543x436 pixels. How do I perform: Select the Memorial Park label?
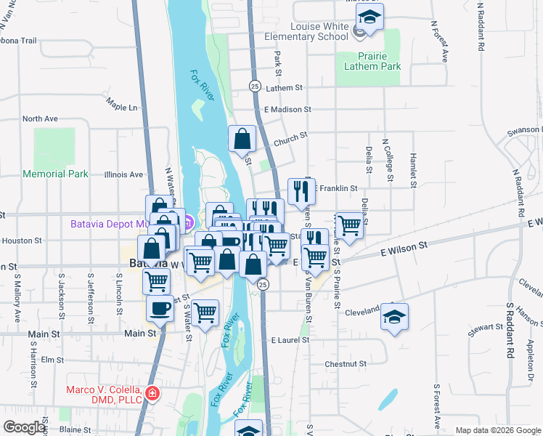pyautogui.click(x=55, y=174)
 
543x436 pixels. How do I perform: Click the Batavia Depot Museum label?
pyautogui.click(x=123, y=224)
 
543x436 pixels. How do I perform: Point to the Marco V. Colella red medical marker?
pyautogui.click(x=153, y=394)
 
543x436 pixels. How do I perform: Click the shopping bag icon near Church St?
pyautogui.click(x=242, y=138)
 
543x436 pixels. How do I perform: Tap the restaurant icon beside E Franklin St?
pyautogui.click(x=301, y=191)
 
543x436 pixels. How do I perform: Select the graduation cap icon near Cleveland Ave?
pyautogui.click(x=394, y=317)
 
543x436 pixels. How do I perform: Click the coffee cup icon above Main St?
pyautogui.click(x=160, y=308)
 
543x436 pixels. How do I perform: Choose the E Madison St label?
pyautogui.click(x=287, y=109)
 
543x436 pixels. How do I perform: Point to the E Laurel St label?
pyautogui.click(x=290, y=339)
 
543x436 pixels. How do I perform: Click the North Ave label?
pyautogui.click(x=40, y=118)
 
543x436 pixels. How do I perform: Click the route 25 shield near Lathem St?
pyautogui.click(x=254, y=86)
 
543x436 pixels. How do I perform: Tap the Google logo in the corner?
pyautogui.click(x=25, y=427)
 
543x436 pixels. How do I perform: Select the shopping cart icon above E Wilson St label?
pyautogui.click(x=314, y=256)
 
